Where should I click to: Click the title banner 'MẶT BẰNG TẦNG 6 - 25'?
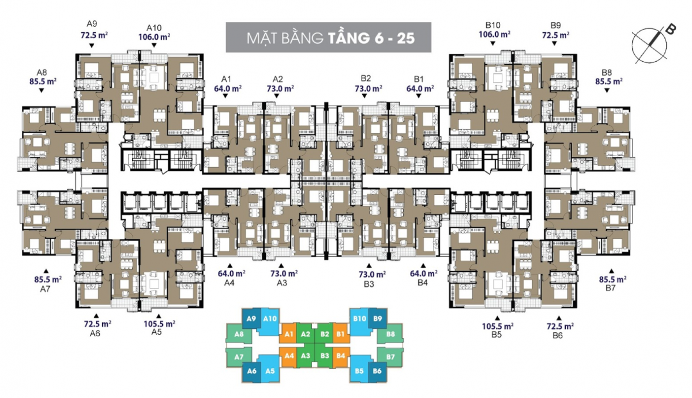(328, 37)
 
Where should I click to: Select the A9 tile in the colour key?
(251, 318)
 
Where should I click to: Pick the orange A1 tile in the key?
(288, 334)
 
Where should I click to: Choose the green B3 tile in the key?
(324, 356)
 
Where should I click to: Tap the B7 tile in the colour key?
(390, 357)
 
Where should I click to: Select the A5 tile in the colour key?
(270, 370)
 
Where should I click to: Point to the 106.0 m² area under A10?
(154, 37)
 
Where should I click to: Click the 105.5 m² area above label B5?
(498, 326)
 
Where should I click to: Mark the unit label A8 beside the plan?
(42, 72)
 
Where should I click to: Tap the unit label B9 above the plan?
(555, 25)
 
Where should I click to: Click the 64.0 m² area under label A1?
(228, 89)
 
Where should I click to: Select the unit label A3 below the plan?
(282, 283)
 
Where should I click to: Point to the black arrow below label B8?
(607, 91)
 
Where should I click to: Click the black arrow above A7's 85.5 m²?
(46, 271)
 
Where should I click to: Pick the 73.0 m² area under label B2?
(368, 89)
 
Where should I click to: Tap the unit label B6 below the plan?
(558, 336)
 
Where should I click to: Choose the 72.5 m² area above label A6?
(97, 324)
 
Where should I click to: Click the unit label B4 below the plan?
(422, 283)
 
